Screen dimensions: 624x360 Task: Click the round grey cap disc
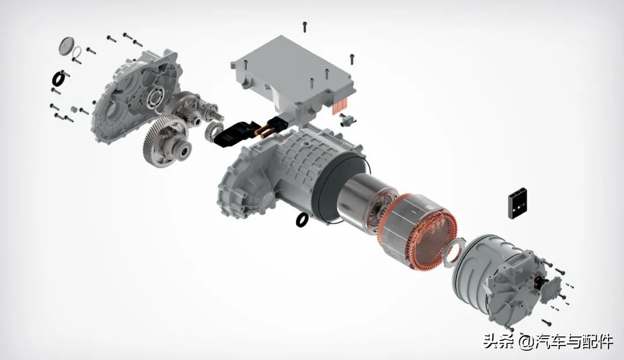tap(66, 46)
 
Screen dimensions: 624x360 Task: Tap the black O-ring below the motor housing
tap(302, 219)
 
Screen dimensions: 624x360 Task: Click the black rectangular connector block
tap(518, 203)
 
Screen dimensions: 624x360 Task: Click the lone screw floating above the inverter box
tap(305, 27)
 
